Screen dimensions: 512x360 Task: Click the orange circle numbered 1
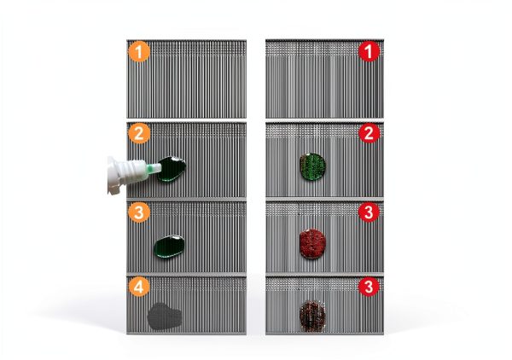pyautogui.click(x=139, y=51)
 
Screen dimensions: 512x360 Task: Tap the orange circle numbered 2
pyautogui.click(x=139, y=133)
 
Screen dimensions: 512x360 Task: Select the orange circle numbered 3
pyautogui.click(x=139, y=212)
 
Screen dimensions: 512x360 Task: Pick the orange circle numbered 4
pyautogui.click(x=139, y=287)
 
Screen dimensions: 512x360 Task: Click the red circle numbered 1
pyautogui.click(x=369, y=51)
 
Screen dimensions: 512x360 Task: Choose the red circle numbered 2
pyautogui.click(x=369, y=133)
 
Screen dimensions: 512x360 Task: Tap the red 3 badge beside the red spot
pyautogui.click(x=369, y=212)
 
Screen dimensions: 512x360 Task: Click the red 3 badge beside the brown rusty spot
pyautogui.click(x=369, y=287)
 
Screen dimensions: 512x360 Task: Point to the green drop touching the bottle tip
pyautogui.click(x=172, y=169)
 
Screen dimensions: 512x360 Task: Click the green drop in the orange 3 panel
pyautogui.click(x=169, y=246)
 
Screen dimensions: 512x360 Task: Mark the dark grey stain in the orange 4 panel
pyautogui.click(x=164, y=316)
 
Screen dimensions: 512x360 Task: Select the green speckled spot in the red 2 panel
pyautogui.click(x=313, y=166)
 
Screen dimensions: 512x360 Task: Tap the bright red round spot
pyautogui.click(x=313, y=244)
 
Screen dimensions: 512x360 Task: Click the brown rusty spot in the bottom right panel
pyautogui.click(x=312, y=316)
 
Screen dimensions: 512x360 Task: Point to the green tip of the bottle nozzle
pyautogui.click(x=154, y=168)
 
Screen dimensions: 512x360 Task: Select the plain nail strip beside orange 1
pyautogui.click(x=186, y=78)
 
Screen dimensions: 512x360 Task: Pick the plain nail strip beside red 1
pyautogui.click(x=324, y=78)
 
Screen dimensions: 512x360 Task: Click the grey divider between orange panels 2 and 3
pyautogui.click(x=186, y=200)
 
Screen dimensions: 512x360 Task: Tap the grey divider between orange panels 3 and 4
pyautogui.click(x=186, y=275)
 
